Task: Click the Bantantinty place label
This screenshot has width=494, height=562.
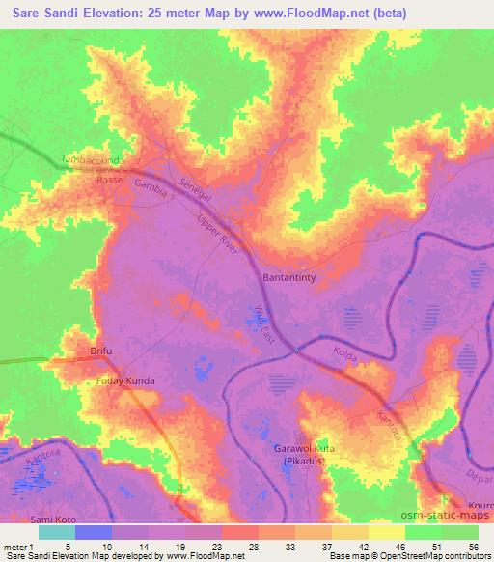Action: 292,277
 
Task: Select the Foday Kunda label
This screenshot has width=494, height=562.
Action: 125,380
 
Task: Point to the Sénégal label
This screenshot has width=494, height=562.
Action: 195,189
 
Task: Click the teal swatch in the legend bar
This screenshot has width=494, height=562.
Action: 56,531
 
